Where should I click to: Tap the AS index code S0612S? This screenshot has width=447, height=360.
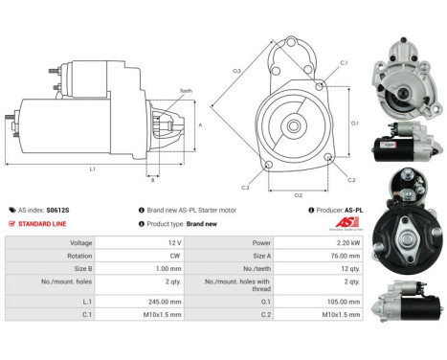click(x=58, y=210)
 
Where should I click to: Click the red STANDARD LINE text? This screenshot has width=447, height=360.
click(x=45, y=223)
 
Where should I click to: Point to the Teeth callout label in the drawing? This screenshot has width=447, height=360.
click(x=185, y=91)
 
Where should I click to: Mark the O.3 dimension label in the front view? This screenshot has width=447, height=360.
click(x=235, y=70)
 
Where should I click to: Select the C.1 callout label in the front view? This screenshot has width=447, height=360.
click(x=344, y=64)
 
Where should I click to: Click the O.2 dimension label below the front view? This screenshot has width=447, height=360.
click(x=298, y=194)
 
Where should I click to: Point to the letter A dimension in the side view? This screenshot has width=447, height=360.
click(x=199, y=125)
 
